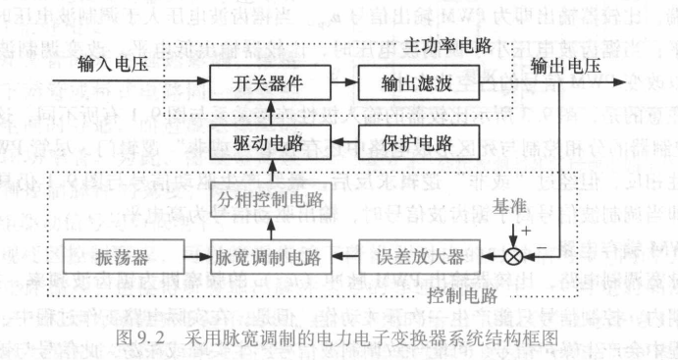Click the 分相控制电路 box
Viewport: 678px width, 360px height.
266,204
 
